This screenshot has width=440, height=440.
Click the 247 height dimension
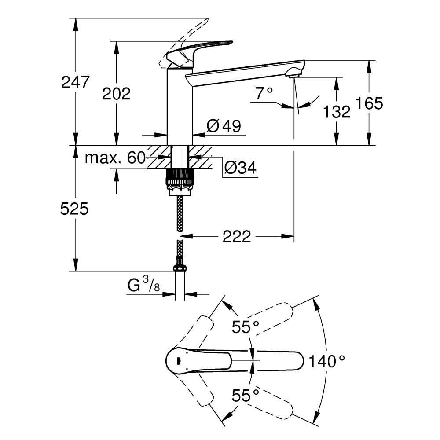point(75,82)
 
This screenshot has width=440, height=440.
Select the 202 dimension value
point(116,93)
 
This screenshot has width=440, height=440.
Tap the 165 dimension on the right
point(370,103)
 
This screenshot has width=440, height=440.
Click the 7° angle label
point(264,93)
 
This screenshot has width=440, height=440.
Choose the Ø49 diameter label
point(224,127)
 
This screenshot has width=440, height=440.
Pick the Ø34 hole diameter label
point(240,168)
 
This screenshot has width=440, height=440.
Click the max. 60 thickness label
point(115,158)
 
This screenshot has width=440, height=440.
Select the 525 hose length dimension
point(75,209)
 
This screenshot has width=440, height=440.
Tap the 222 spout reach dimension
point(236,237)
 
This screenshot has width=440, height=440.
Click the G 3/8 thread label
point(143,286)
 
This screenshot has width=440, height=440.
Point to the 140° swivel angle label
point(326,362)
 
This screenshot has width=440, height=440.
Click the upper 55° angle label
point(246,327)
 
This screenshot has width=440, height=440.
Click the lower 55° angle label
point(246,395)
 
